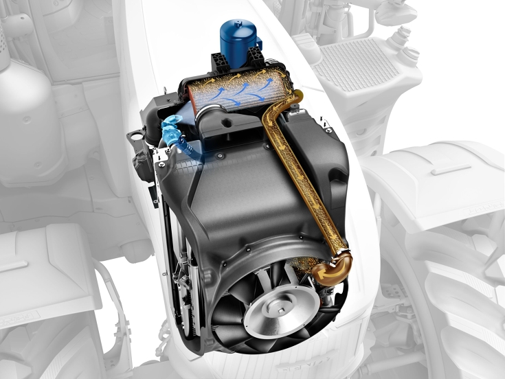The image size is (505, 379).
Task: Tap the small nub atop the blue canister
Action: tap(238, 21)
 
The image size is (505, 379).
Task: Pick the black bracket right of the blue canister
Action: tap(257, 58)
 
